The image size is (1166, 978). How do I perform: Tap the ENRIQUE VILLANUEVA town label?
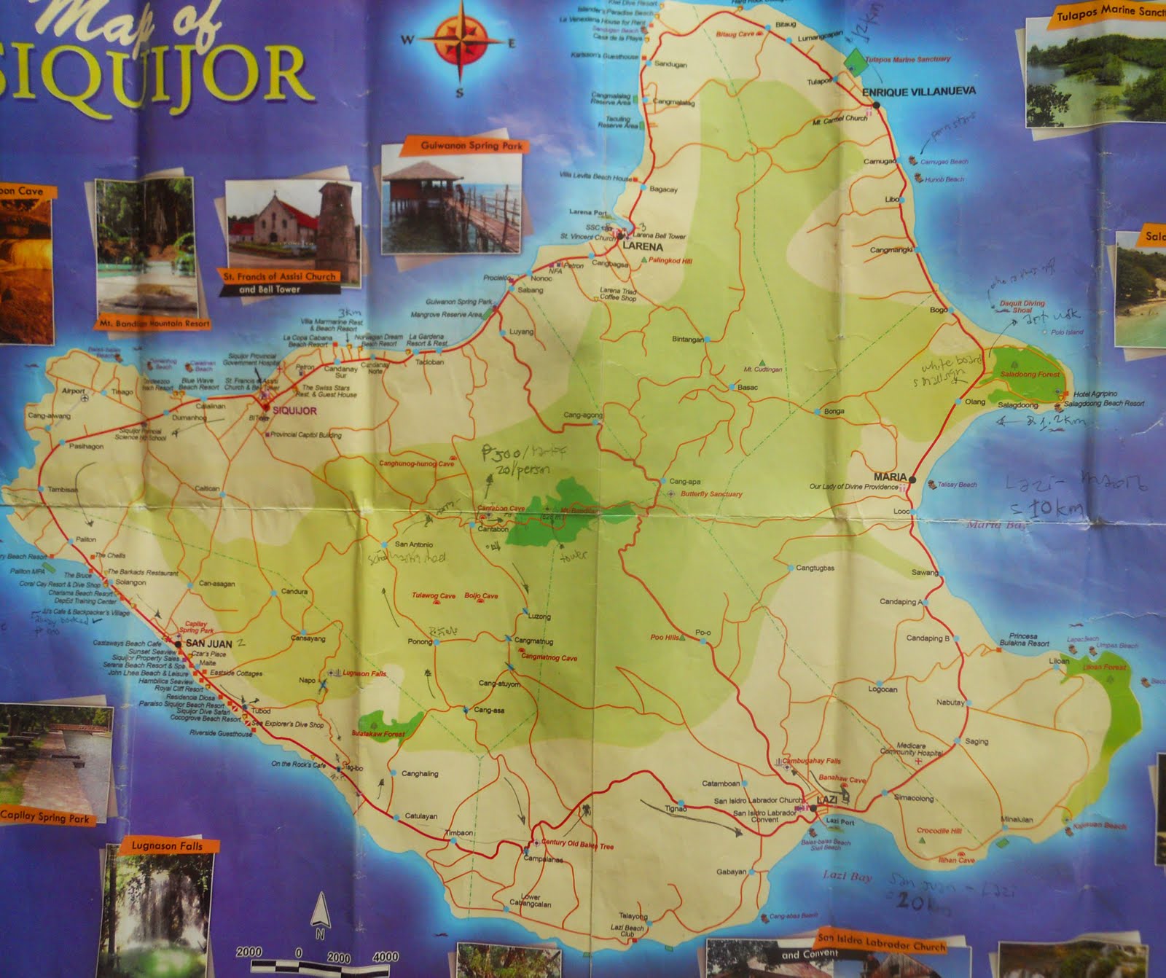point(918,92)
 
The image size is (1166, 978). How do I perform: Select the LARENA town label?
point(643,246)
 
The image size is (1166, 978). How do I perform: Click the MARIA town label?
point(890,477)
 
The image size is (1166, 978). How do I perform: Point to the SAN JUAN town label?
point(208,643)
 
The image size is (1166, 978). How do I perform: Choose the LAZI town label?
point(826,800)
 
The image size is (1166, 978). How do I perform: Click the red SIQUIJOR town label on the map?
point(294,410)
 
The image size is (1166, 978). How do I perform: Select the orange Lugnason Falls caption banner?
point(166,846)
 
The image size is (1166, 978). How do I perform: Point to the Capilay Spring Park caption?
point(45,817)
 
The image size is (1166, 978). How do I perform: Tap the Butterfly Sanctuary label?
point(711,494)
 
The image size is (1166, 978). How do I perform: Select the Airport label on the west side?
point(74,391)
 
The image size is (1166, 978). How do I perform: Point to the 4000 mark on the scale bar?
point(385,956)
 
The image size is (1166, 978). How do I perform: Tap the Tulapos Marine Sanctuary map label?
point(907,59)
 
